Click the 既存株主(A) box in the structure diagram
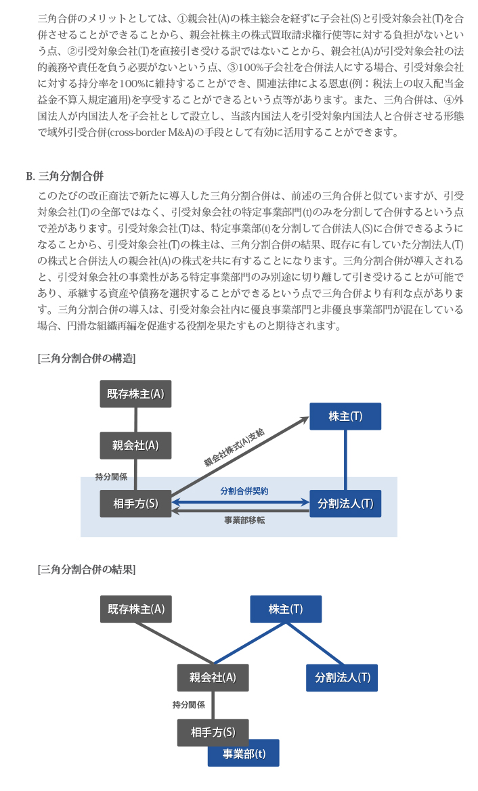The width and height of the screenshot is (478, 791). click(135, 394)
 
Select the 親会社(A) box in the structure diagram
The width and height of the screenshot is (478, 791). click(135, 445)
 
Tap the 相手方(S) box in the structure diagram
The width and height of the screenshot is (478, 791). click(135, 503)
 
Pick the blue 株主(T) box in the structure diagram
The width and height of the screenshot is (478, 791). click(345, 416)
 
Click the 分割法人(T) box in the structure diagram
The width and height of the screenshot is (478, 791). click(345, 503)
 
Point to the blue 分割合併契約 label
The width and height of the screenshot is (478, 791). click(244, 491)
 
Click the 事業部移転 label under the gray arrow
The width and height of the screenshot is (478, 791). click(244, 520)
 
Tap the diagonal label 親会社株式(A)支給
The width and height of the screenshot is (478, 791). click(234, 447)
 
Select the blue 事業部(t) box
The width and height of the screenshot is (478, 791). click(243, 754)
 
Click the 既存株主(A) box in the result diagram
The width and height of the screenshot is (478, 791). click(136, 609)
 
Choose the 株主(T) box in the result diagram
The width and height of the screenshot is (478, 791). click(286, 609)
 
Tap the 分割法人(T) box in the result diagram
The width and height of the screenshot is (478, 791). click(342, 677)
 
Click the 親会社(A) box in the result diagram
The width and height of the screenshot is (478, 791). click(213, 677)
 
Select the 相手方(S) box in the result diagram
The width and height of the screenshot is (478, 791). click(213, 733)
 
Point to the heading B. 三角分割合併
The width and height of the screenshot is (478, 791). click(64, 176)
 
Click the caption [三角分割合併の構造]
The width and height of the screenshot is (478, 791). click(86, 358)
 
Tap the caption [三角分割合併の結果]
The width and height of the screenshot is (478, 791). click(86, 570)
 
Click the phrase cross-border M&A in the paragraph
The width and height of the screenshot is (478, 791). click(151, 132)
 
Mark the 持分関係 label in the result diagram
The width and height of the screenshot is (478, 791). click(189, 705)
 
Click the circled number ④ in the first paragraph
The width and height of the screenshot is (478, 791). click(448, 99)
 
